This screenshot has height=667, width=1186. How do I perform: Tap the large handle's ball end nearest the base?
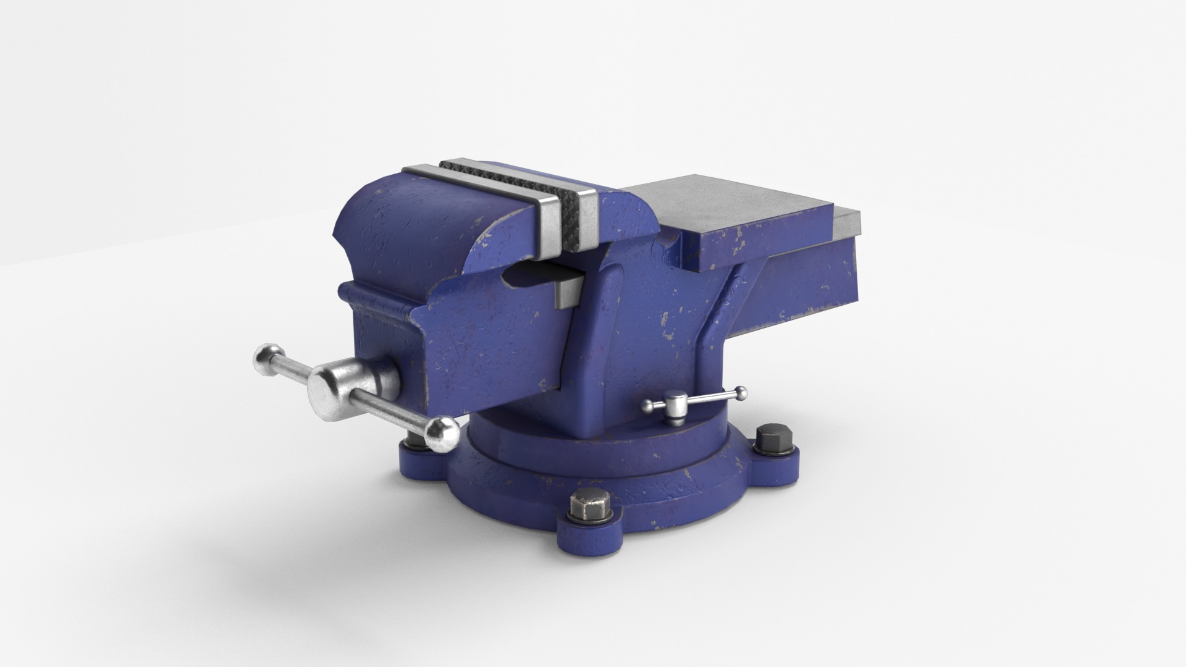click(440, 433)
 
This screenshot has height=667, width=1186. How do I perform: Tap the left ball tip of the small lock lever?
click(648, 406)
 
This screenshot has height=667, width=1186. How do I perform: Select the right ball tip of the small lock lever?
click(739, 391)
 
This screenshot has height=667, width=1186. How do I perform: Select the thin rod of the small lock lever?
click(710, 398)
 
